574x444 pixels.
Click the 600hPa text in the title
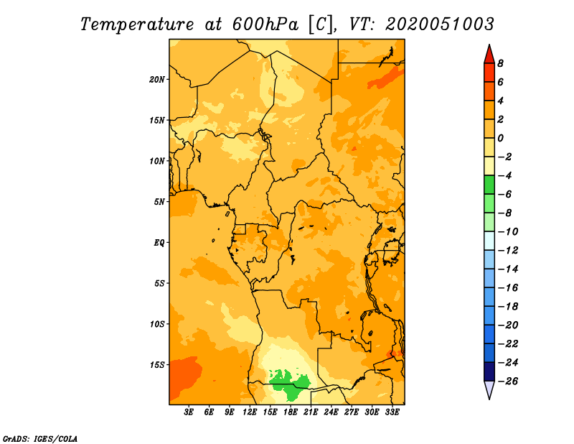265,24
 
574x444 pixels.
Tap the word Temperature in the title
137,24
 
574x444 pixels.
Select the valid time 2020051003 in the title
440,24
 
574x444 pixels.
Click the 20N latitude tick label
156,79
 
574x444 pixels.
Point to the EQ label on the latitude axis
159,243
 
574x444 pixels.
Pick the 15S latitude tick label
156,365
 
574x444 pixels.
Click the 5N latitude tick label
159,202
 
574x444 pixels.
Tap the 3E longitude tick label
189,412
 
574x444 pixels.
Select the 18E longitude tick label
291,412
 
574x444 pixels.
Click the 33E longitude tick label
392,412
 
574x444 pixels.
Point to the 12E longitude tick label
250,412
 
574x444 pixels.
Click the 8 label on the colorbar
500,63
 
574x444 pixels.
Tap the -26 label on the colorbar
508,381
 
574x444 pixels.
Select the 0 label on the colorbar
500,138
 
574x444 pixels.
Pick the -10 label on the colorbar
508,232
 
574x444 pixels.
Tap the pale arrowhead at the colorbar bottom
489,389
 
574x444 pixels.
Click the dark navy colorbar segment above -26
489,371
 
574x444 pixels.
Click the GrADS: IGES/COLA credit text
40,439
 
